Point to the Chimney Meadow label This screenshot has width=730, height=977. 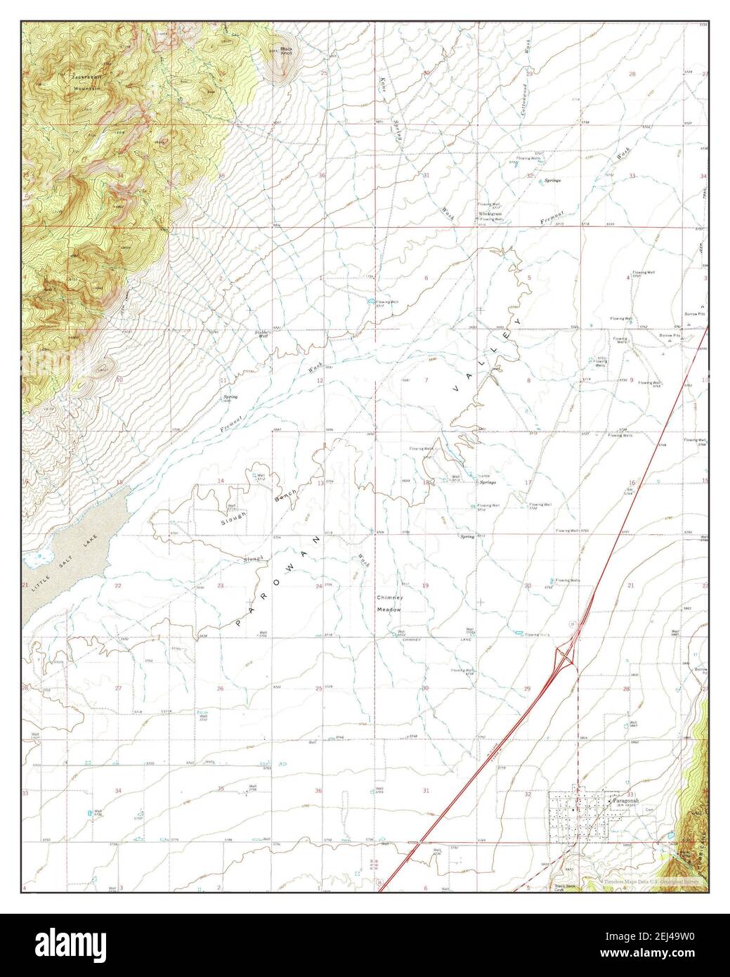tap(389, 603)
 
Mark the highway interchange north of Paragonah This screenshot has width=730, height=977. tap(566, 655)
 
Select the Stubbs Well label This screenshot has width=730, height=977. tap(263, 334)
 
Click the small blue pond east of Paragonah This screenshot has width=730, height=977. tap(670, 838)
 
